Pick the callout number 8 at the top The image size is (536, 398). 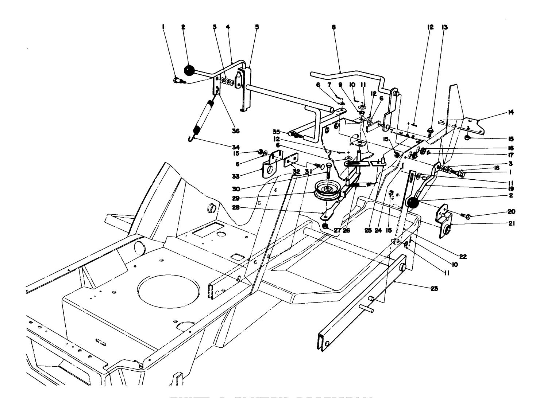pyautogui.click(x=334, y=27)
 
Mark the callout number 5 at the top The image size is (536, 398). pyautogui.click(x=257, y=27)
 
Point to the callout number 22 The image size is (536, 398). pyautogui.click(x=463, y=257)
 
